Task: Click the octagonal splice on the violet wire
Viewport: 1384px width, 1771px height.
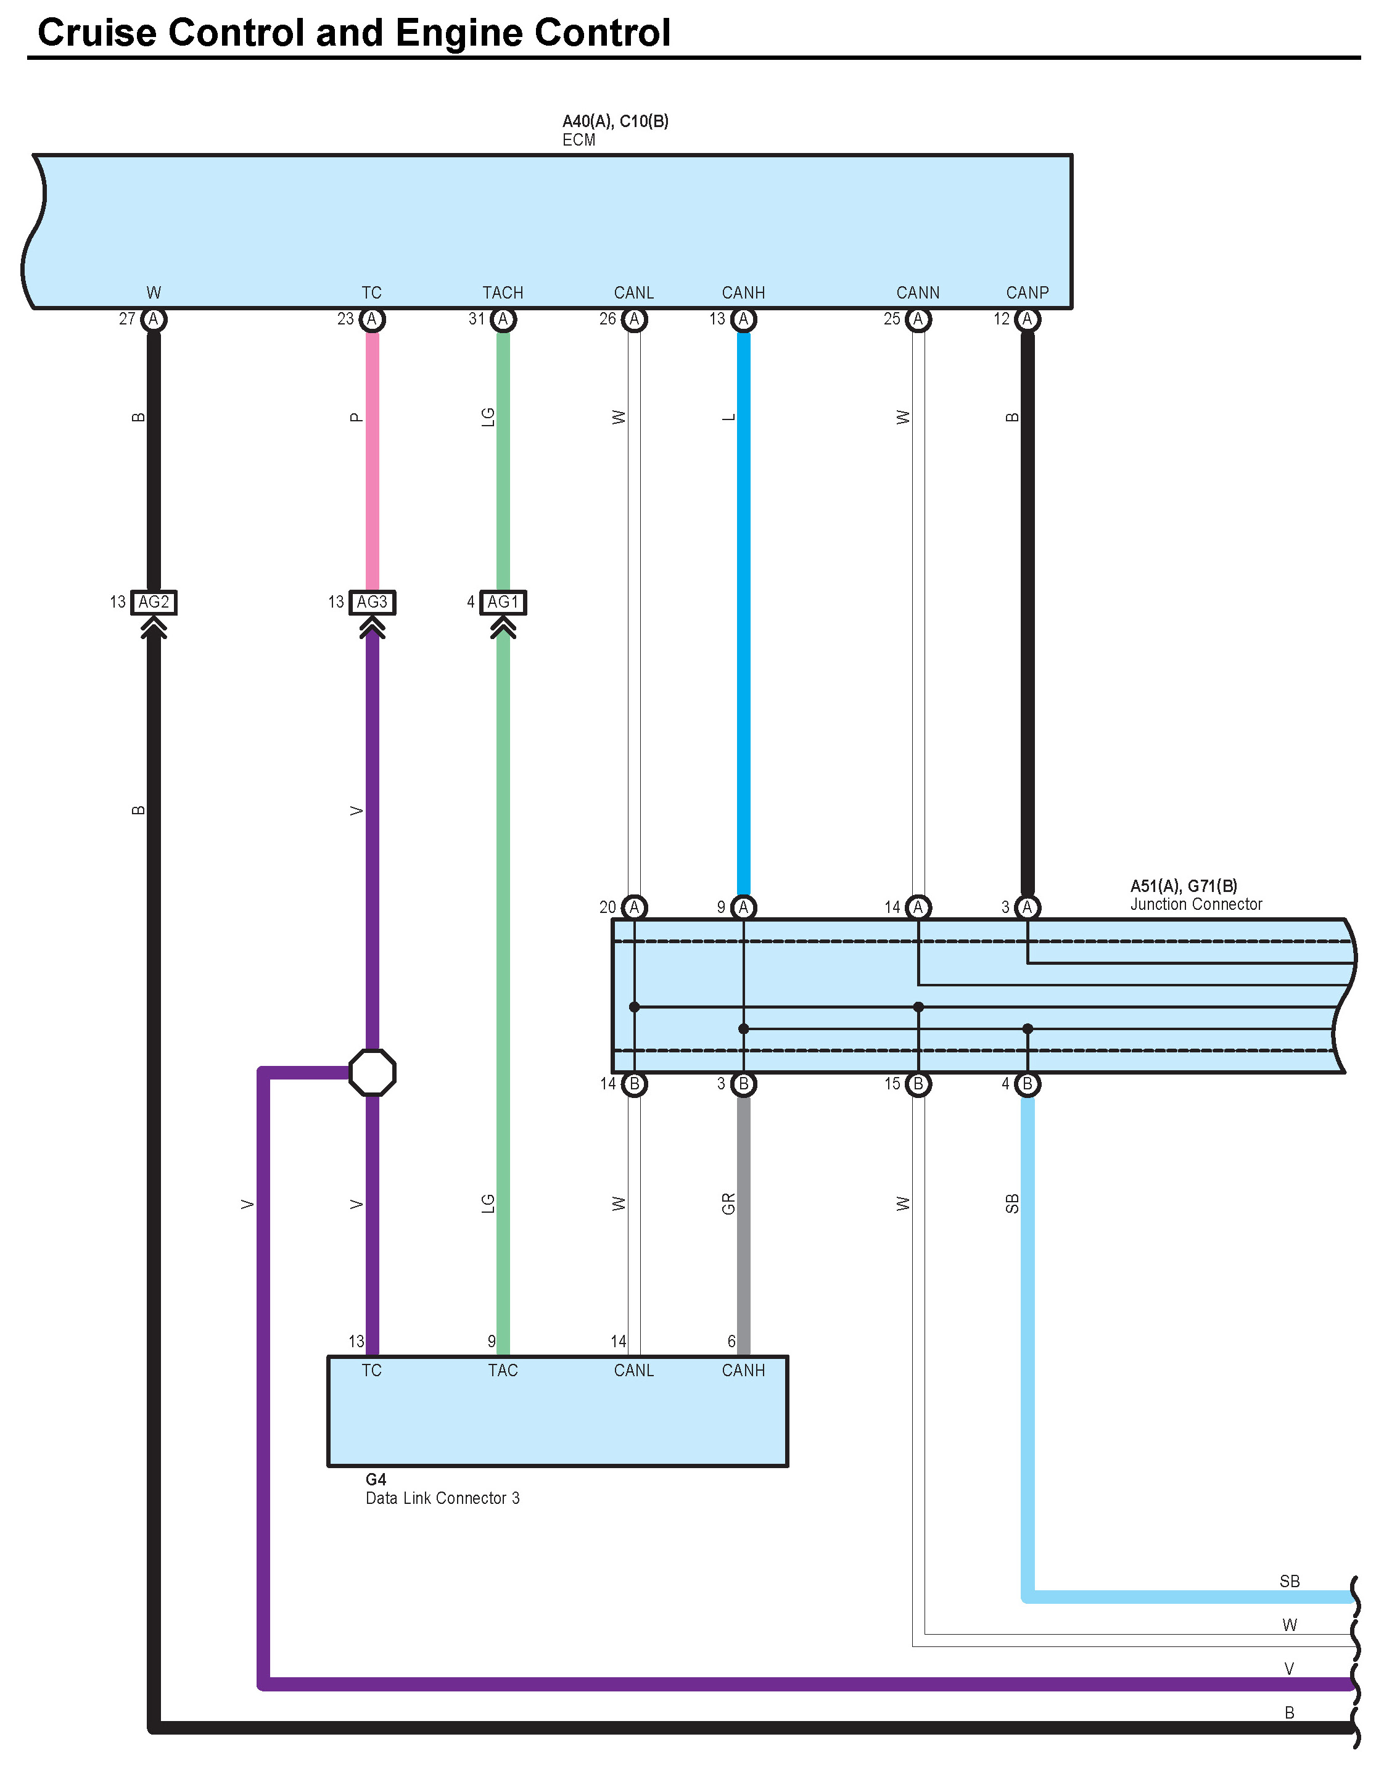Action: [x=372, y=1072]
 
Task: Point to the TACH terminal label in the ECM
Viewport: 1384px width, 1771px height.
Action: [x=503, y=293]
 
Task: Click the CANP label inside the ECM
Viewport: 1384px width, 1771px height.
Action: [x=1028, y=293]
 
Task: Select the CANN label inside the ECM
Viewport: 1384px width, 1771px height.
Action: [x=918, y=293]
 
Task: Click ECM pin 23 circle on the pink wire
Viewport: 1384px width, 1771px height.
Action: [x=372, y=320]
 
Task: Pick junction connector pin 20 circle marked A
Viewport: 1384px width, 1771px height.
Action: [x=634, y=907]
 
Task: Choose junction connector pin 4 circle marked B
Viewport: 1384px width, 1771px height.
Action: [x=1028, y=1084]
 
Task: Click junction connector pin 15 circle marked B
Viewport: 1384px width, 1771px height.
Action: [x=918, y=1084]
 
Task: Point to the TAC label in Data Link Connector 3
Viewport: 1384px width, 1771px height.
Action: [x=503, y=1371]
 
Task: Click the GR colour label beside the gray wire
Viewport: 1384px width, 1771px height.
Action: [x=728, y=1204]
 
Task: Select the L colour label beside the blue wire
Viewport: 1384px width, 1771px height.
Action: [x=728, y=418]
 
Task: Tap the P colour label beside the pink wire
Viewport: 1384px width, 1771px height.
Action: [x=356, y=418]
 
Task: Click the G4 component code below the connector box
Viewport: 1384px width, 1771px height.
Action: [x=376, y=1479]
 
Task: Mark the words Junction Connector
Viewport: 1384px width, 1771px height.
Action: [x=1196, y=904]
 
